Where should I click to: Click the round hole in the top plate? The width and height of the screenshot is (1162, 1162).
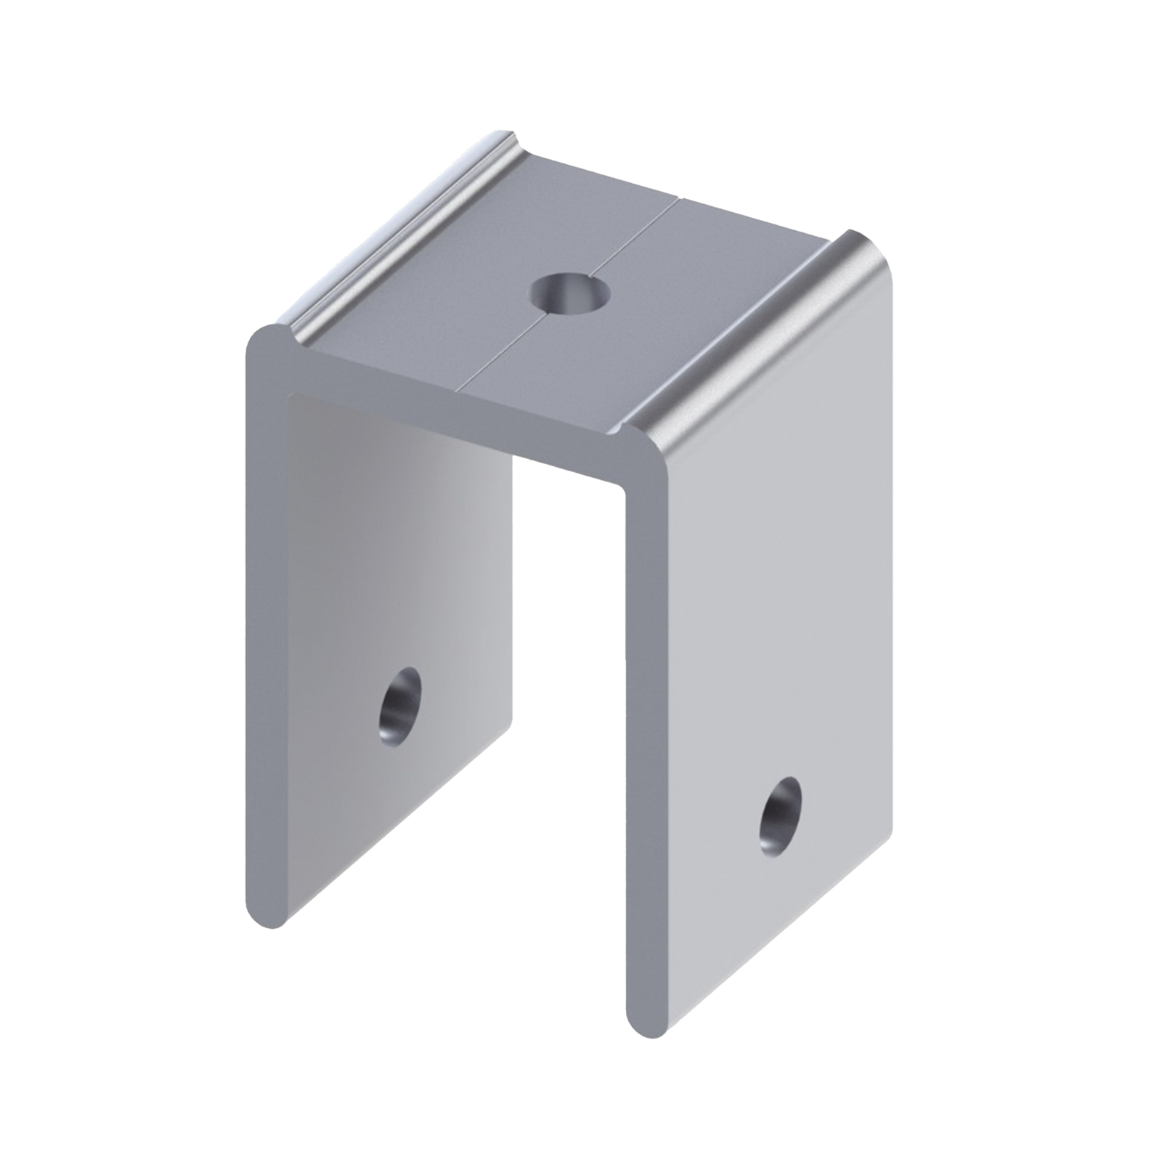(569, 293)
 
